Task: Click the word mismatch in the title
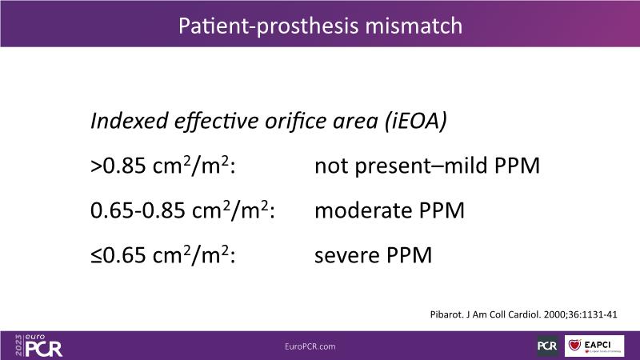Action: tap(414, 26)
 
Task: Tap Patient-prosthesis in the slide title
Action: tap(268, 26)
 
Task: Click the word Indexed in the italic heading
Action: tap(130, 121)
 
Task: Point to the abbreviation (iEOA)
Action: tap(416, 122)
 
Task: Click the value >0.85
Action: tap(118, 166)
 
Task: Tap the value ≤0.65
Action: tap(118, 255)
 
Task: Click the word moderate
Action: tap(363, 210)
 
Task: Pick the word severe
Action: tap(346, 256)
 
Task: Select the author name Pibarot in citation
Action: tap(446, 314)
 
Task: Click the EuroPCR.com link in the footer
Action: tap(310, 346)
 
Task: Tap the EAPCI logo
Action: tap(594, 346)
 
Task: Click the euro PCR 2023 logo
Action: tap(38, 346)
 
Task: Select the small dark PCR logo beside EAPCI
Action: tap(547, 346)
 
